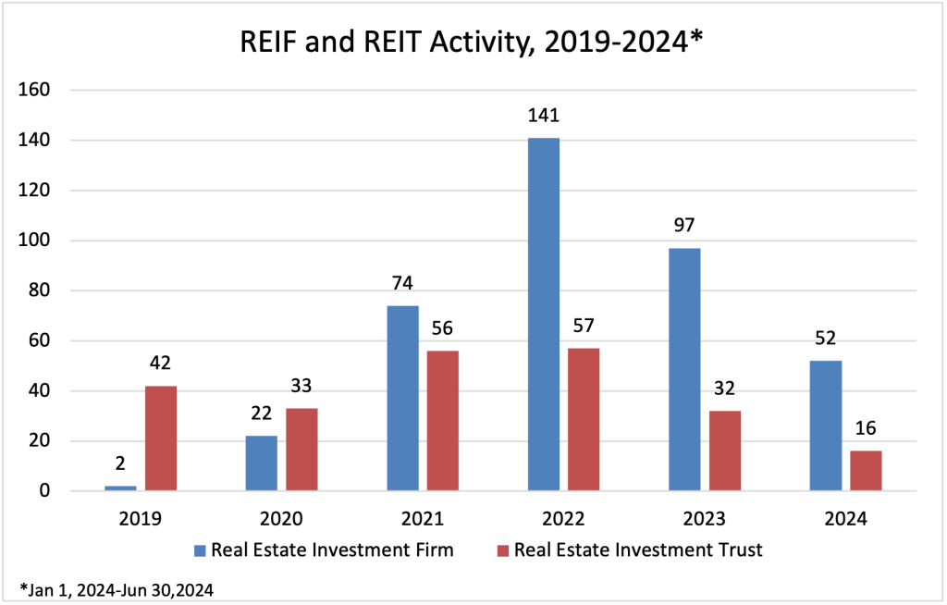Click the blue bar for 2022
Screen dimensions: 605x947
coord(543,314)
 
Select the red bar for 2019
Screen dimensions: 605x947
coord(160,438)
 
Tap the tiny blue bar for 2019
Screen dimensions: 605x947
coord(120,488)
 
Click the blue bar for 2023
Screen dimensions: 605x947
coord(684,369)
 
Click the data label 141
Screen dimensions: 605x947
coord(543,117)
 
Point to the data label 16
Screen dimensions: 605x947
coord(865,429)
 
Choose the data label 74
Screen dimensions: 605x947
coord(402,285)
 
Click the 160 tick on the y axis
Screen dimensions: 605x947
coord(44,91)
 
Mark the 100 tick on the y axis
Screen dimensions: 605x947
coord(44,241)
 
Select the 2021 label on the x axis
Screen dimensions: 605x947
coord(423,519)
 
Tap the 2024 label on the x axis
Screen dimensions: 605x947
coord(844,519)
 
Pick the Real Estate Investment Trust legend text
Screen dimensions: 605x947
coord(638,550)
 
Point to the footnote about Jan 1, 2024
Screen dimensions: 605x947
coord(116,588)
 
